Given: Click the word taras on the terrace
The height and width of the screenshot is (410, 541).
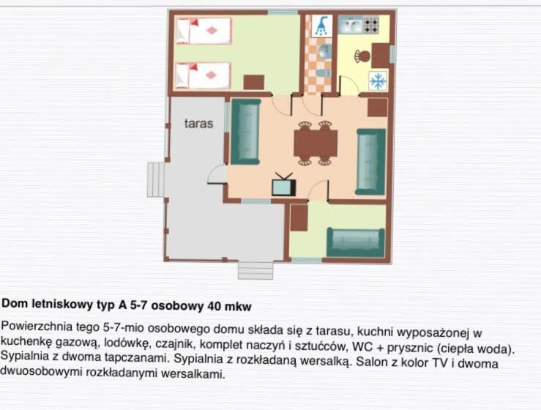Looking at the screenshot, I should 198,124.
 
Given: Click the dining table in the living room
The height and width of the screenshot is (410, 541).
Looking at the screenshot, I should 316,143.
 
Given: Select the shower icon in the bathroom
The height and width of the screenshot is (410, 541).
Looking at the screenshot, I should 321,28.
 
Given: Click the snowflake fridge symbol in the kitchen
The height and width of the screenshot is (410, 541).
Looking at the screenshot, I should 378,81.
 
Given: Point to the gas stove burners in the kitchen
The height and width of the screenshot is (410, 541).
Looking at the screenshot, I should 371,26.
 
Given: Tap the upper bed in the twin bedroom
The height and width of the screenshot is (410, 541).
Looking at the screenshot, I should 203,31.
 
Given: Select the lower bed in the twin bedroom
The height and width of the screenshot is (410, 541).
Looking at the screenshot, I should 203,75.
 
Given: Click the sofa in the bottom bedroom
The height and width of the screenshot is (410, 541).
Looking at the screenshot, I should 355,242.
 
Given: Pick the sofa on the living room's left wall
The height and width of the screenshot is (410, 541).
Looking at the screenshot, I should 245,132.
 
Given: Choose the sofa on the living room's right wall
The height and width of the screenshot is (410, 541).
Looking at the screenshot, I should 370,161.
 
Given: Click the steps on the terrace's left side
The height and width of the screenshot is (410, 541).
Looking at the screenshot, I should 156,179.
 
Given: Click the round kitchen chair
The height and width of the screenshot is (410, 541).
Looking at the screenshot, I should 362,55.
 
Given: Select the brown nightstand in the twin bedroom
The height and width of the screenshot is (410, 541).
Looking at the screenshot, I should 253,81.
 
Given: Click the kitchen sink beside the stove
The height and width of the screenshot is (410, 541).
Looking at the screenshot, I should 348,26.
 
